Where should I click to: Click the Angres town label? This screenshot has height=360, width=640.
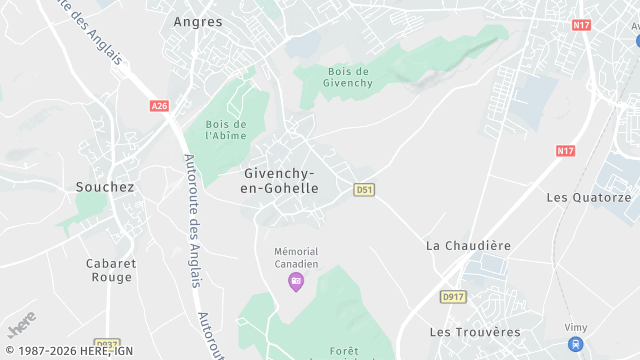click(197, 20)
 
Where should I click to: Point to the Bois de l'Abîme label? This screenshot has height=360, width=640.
click(226, 129)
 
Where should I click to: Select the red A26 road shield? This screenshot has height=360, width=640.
click(159, 105)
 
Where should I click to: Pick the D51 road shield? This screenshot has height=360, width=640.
click(364, 189)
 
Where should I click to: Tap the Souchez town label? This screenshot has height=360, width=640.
click(105, 186)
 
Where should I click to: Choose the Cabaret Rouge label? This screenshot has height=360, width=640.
click(110, 270)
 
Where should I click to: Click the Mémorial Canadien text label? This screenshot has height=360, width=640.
click(295, 257)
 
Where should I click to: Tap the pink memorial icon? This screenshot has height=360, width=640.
click(295, 281)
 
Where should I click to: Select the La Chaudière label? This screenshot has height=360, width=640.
click(468, 245)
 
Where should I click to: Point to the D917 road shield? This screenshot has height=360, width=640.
click(453, 296)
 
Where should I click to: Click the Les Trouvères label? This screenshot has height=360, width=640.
click(475, 331)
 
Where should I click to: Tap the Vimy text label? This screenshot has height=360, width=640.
click(575, 327)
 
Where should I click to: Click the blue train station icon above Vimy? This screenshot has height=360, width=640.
click(575, 344)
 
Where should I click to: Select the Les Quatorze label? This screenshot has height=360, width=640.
click(589, 197)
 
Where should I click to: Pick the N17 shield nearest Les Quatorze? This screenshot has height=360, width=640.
click(566, 151)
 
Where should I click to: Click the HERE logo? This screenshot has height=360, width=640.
click(21, 325)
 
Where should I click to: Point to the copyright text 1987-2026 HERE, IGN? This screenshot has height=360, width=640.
click(69, 351)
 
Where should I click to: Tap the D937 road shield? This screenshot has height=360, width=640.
click(106, 343)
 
